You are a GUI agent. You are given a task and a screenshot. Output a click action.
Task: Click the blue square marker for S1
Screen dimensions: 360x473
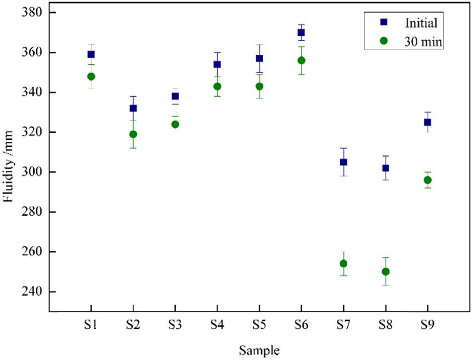[x=91, y=54]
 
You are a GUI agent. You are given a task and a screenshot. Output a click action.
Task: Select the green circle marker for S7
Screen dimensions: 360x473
[x=343, y=263]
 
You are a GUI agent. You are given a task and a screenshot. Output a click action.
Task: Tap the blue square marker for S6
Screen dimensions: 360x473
[x=301, y=33]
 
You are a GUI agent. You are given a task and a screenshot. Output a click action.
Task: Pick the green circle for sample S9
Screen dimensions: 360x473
[x=427, y=180]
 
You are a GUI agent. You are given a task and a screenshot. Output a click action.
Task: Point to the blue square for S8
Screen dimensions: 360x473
[x=385, y=168]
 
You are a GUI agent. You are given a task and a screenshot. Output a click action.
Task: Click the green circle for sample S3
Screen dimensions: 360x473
[x=175, y=124]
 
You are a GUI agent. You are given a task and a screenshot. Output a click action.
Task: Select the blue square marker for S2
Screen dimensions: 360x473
[x=133, y=108]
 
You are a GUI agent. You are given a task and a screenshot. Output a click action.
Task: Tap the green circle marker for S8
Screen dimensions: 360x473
[x=385, y=272]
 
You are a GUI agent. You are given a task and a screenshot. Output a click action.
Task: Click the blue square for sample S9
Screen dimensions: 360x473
[x=427, y=122]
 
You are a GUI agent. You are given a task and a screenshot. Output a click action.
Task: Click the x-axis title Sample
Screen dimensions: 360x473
[x=259, y=349]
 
